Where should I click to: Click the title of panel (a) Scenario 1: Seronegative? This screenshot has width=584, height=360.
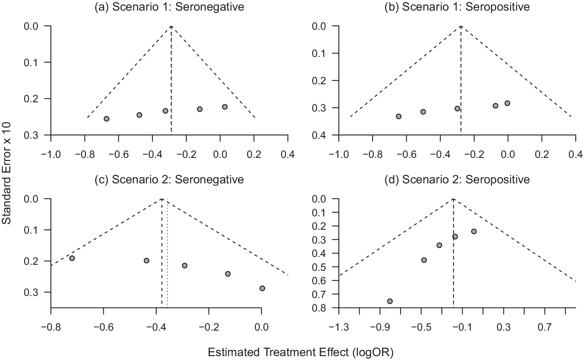click(x=170, y=7)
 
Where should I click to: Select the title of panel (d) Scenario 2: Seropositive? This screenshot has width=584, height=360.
click(x=457, y=180)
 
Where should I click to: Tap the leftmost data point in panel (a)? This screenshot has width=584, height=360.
click(x=107, y=119)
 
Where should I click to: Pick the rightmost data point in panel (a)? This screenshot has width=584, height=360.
click(x=225, y=107)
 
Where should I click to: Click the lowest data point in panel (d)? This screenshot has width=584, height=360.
click(x=390, y=301)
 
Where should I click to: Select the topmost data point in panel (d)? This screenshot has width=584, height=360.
click(x=474, y=232)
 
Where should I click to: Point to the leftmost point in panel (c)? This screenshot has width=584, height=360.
click(x=72, y=258)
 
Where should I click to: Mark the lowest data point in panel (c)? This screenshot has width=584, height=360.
click(x=262, y=288)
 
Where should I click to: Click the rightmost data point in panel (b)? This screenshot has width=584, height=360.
click(x=507, y=103)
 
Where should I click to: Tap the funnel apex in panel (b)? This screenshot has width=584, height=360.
click(x=461, y=26)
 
